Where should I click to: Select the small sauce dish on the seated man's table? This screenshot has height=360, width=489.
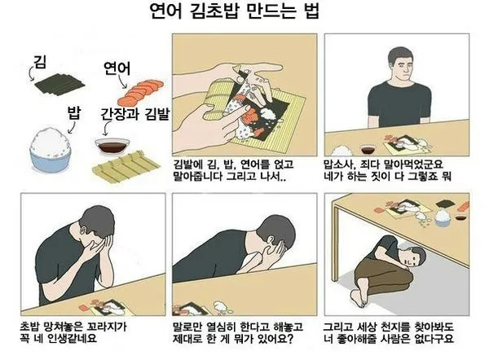368,149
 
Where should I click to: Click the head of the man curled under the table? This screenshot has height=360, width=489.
416,259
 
